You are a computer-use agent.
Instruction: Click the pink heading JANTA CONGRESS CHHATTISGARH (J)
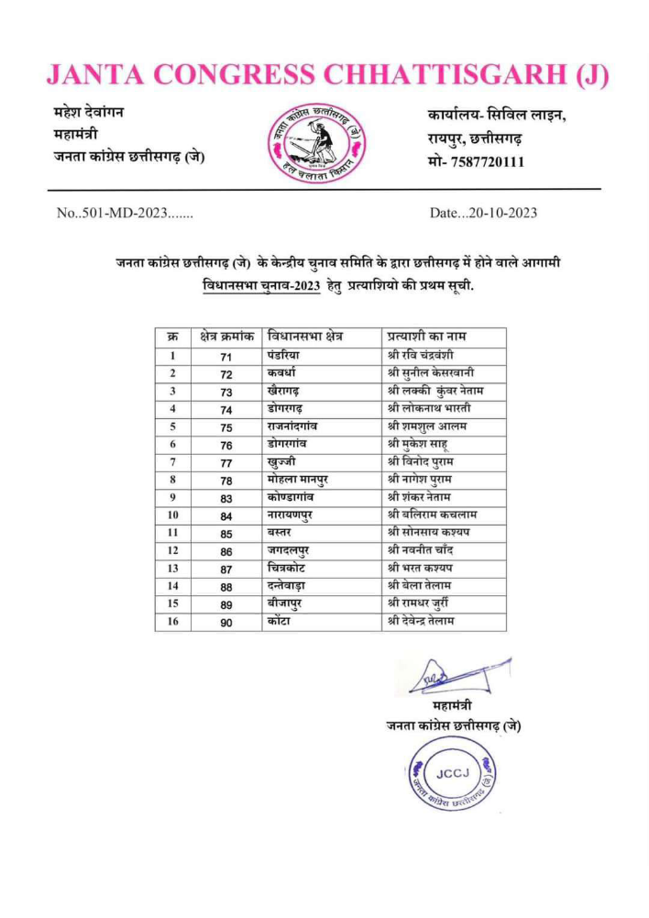tap(326, 75)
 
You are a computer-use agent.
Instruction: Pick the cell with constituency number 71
tap(226, 357)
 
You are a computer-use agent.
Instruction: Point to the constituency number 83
tap(226, 498)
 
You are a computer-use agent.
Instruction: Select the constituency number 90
tap(226, 623)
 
